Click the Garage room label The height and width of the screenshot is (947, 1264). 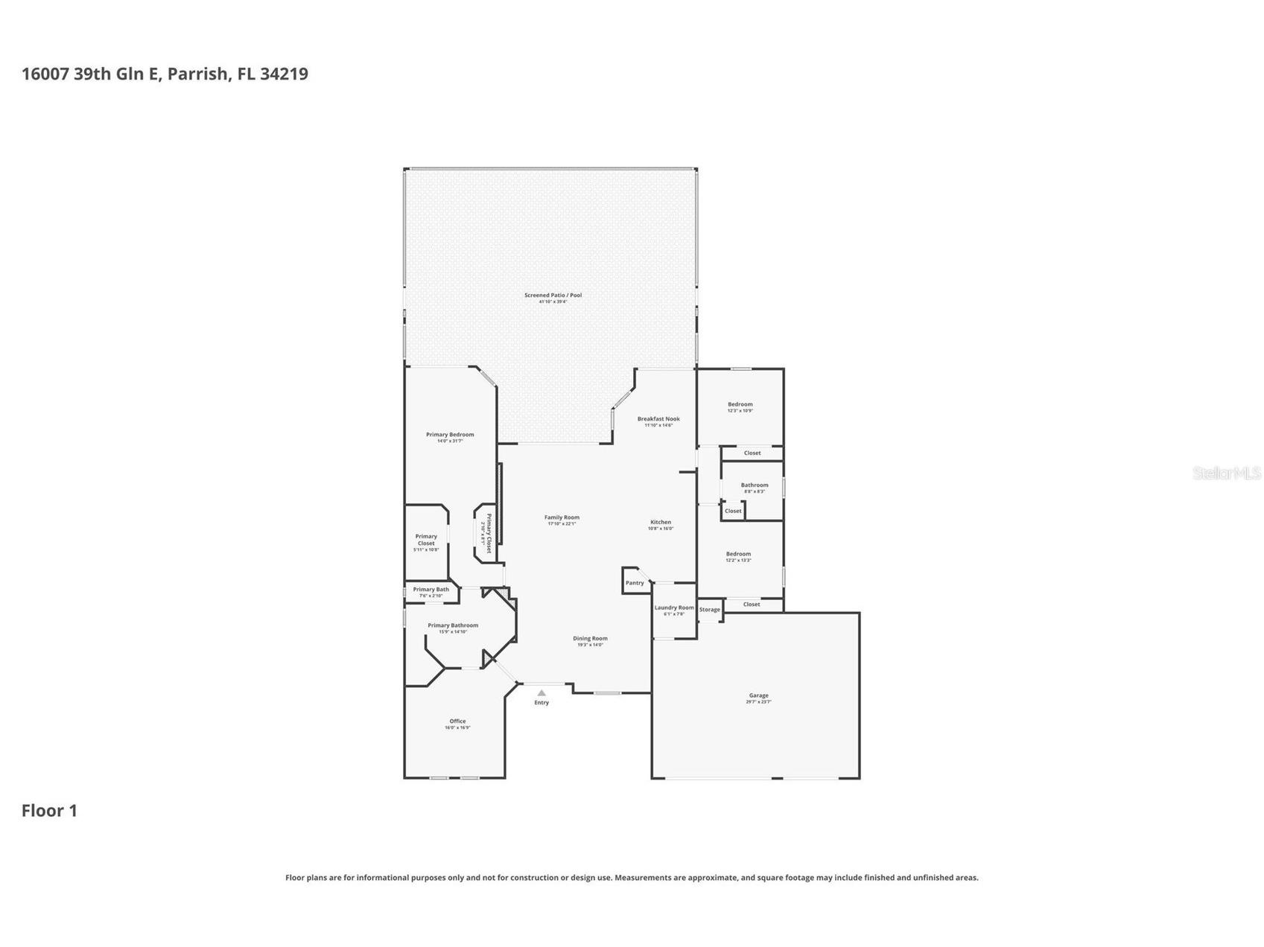tap(758, 695)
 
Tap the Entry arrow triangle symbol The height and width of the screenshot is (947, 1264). tap(542, 693)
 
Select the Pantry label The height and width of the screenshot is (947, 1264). tap(635, 583)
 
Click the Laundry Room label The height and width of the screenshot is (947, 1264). tap(674, 608)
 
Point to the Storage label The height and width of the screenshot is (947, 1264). tap(710, 610)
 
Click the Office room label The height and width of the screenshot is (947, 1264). tap(457, 721)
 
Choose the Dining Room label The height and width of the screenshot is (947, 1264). tap(590, 638)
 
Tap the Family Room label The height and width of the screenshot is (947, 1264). tap(562, 517)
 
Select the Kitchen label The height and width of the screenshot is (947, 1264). tap(661, 522)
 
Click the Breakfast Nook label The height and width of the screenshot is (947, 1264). tap(658, 419)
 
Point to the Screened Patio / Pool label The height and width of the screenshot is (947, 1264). tap(553, 296)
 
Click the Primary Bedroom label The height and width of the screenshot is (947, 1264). tap(450, 435)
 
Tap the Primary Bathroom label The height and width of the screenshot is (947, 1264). tap(453, 625)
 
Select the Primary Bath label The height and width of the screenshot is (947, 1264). tap(431, 590)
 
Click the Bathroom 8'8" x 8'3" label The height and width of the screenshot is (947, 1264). tap(755, 485)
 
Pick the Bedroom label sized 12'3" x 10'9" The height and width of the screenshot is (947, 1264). tap(740, 404)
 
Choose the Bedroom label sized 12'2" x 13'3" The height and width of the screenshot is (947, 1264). tap(738, 554)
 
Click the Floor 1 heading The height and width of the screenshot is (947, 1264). tap(49, 811)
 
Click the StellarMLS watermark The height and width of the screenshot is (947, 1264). tap(1226, 473)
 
